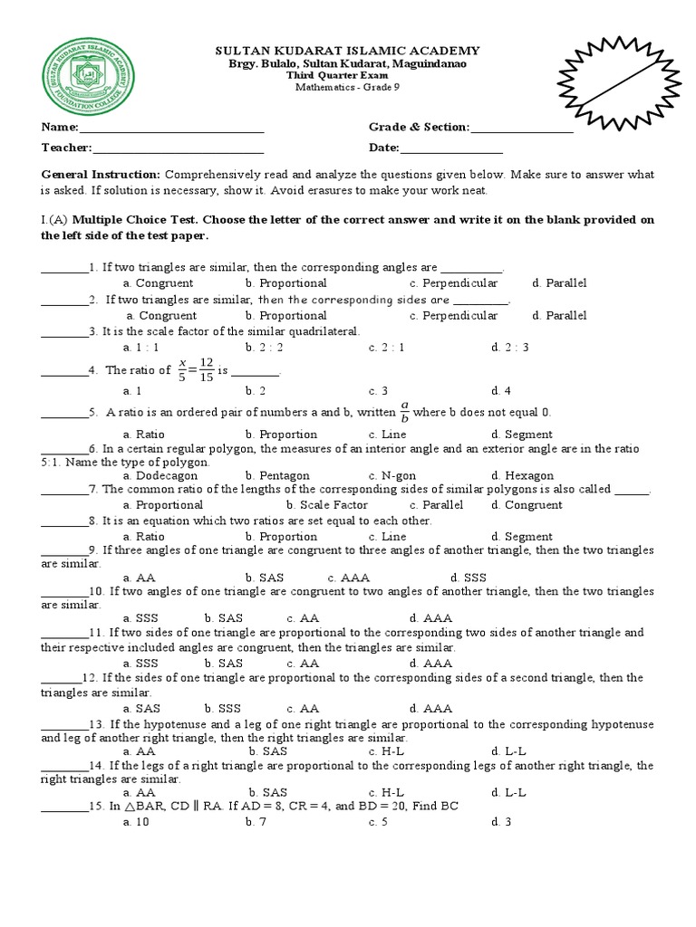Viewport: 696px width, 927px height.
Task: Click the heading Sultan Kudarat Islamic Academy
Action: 347,51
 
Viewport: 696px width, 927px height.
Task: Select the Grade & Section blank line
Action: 521,131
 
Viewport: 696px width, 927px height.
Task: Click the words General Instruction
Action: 101,174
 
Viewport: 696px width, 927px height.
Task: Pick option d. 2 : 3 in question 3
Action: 509,347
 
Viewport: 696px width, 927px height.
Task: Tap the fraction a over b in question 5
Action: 405,412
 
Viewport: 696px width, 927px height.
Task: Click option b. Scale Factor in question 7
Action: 326,505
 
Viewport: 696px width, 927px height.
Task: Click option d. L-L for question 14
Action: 508,792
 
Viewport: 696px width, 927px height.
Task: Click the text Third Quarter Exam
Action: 347,75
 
